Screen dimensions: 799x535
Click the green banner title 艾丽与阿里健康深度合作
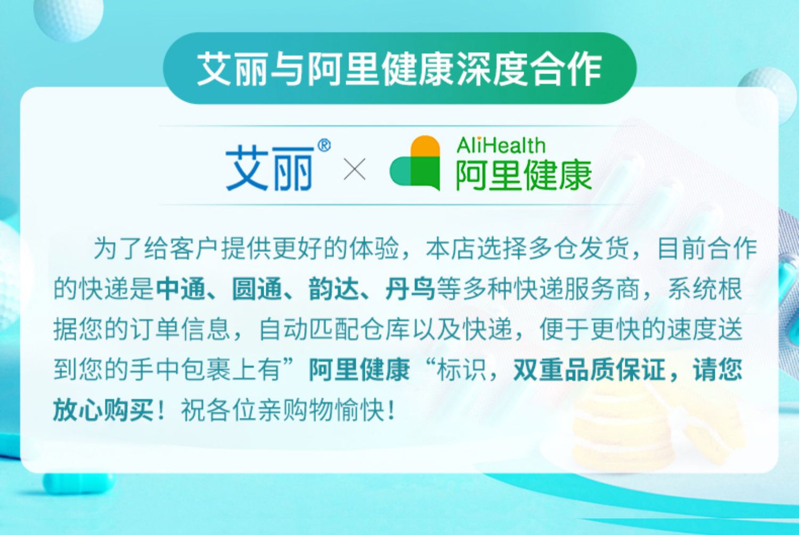(399, 69)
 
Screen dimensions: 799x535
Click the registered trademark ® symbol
(324, 145)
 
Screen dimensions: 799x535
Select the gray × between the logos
(354, 169)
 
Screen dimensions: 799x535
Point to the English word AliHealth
(501, 145)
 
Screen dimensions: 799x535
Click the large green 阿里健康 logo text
(524, 175)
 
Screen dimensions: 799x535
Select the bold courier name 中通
(181, 289)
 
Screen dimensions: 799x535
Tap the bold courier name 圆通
(257, 289)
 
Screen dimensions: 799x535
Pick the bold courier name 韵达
(333, 289)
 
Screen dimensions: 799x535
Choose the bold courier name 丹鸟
(410, 289)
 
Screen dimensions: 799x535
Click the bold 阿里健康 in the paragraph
(359, 370)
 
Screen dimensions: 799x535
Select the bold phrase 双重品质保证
(589, 370)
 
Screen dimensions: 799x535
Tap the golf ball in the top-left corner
(68, 16)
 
